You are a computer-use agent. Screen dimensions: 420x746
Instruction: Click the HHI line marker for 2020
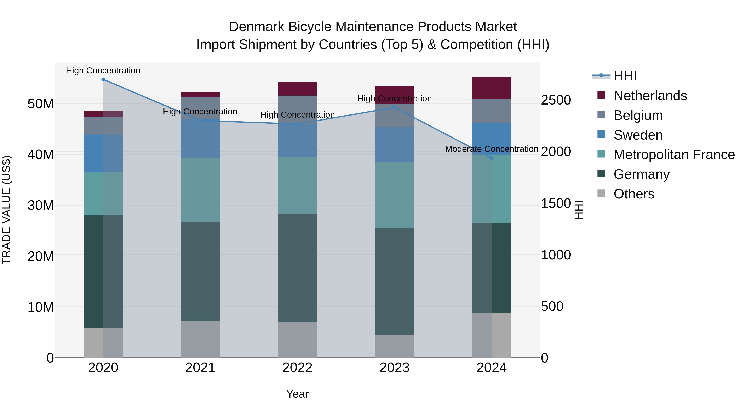(x=103, y=79)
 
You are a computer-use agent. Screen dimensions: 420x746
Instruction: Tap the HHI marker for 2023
(x=394, y=107)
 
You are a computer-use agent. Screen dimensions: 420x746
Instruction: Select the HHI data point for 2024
(x=492, y=158)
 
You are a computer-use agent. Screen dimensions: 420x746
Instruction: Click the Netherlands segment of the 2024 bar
(x=492, y=88)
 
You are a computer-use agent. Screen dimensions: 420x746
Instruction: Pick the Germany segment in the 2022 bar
(x=297, y=268)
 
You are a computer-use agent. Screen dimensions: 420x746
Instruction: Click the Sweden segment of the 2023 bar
(x=394, y=144)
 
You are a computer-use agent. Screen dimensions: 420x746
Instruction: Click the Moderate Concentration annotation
(x=492, y=149)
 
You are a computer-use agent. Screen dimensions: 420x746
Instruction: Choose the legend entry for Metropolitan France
(x=674, y=155)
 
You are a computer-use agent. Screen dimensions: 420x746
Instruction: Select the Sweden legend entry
(x=638, y=135)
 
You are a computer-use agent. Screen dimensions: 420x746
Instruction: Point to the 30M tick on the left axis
(x=41, y=205)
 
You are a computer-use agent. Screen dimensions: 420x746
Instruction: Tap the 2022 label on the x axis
(x=297, y=368)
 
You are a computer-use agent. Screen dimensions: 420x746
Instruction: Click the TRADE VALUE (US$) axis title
(x=6, y=210)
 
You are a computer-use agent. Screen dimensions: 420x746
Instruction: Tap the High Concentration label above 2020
(x=103, y=71)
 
